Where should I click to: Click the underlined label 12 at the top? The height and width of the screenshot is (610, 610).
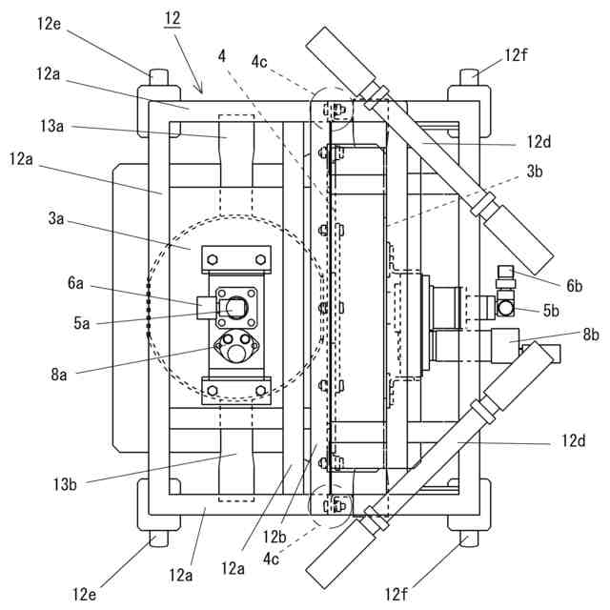click(x=173, y=18)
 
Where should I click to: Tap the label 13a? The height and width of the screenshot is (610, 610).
click(x=51, y=126)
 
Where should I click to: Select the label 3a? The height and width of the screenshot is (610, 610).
click(x=56, y=218)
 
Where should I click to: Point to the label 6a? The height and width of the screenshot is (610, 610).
click(x=75, y=283)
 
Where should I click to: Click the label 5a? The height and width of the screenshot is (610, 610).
click(x=82, y=323)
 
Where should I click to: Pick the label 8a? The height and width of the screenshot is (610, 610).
click(x=59, y=375)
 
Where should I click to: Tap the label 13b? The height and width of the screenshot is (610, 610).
click(x=65, y=484)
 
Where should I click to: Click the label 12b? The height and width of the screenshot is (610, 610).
click(x=274, y=538)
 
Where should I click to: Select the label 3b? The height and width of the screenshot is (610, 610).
click(x=535, y=172)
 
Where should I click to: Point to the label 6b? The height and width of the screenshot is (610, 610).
click(x=574, y=286)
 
